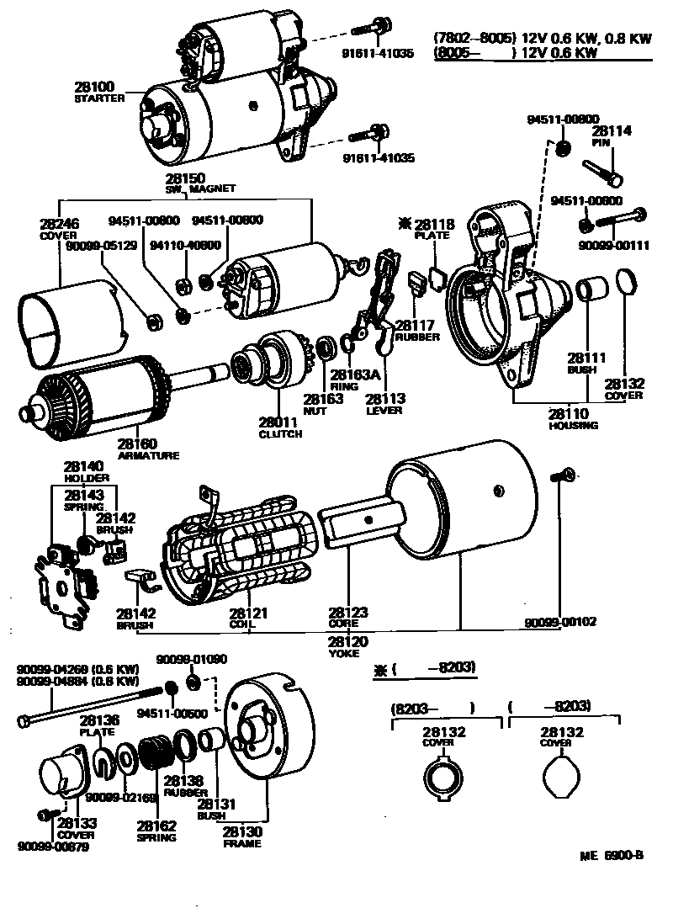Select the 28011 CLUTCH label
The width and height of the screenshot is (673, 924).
pos(280,427)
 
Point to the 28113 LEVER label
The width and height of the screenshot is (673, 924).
pos(385,404)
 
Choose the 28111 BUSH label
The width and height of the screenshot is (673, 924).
pos(580,363)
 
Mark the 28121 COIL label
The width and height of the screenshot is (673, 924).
pos(249,619)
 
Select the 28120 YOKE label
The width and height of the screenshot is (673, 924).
pos(348,645)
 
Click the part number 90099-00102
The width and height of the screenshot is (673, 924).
pos(560,623)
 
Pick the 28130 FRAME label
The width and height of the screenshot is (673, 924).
pos(242,836)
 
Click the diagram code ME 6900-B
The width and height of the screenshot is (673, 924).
pos(612,857)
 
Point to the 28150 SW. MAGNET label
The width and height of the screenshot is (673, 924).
pos(200,183)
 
